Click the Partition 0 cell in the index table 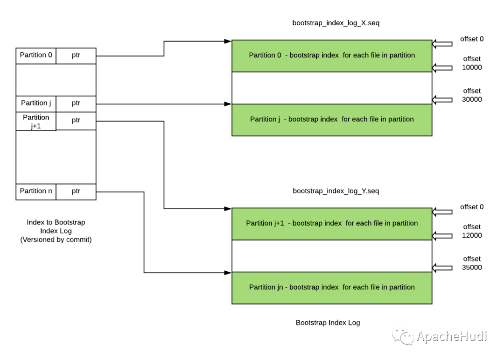[36, 56]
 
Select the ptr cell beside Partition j [76, 104]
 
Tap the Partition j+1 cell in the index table [36, 121]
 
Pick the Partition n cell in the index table [36, 192]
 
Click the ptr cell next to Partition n [76, 192]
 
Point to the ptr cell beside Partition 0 [76, 56]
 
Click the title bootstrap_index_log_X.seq [336, 23]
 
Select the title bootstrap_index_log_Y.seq [336, 191]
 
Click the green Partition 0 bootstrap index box [332, 56]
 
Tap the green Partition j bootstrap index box [332, 120]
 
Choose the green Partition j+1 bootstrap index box [332, 224]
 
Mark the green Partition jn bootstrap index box [332, 288]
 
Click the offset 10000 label [472, 63]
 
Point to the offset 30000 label [472, 95]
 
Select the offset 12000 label [472, 231]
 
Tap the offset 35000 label [472, 263]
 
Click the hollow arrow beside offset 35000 [442, 268]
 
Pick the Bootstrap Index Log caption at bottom [328, 323]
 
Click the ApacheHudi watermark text [452, 336]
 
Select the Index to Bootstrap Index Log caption [56, 231]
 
